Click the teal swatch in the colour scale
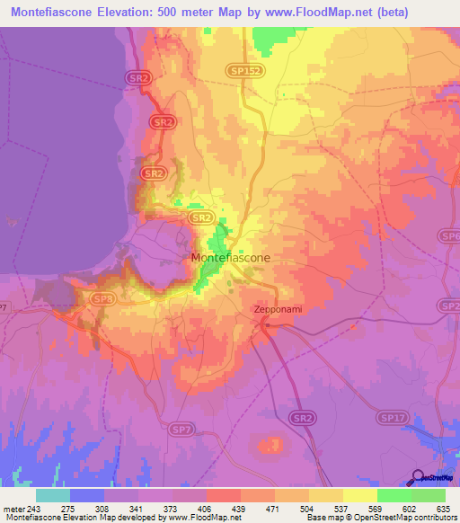(53, 496)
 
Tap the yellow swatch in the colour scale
(359, 496)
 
